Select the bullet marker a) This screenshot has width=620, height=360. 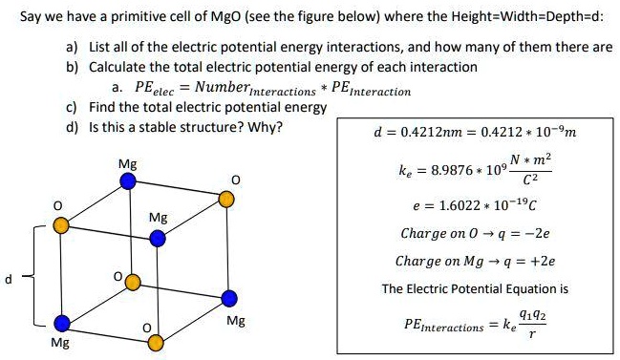[x=72, y=47]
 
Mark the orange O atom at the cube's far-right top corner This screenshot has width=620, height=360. [x=225, y=199]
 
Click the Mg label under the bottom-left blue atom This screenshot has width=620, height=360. [x=59, y=343]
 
